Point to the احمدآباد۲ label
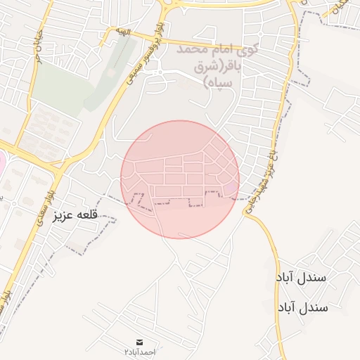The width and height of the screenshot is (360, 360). coord(139,350)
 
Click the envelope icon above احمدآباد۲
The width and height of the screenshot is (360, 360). coord(139,341)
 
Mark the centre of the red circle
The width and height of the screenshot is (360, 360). coord(180,179)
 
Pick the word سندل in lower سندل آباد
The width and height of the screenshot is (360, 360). coord(314,308)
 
